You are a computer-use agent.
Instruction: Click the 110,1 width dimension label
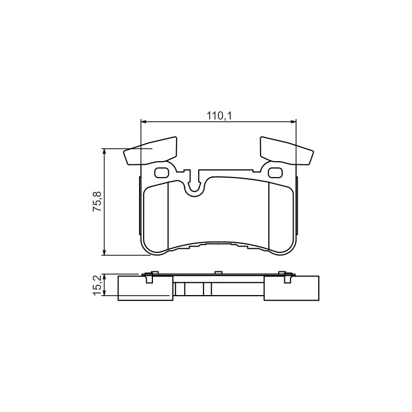pos(219,115)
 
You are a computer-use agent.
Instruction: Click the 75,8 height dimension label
pos(97,201)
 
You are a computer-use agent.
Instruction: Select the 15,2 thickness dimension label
pos(97,285)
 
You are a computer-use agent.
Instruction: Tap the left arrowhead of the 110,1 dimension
pos(144,122)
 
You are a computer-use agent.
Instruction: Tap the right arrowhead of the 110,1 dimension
pos(293,122)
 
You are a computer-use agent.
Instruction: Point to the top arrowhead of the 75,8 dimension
pos(105,151)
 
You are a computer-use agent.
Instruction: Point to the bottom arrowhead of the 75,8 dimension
pos(105,252)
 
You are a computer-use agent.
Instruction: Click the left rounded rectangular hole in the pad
pos(161,173)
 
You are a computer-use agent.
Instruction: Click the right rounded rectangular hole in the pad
pos(275,173)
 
